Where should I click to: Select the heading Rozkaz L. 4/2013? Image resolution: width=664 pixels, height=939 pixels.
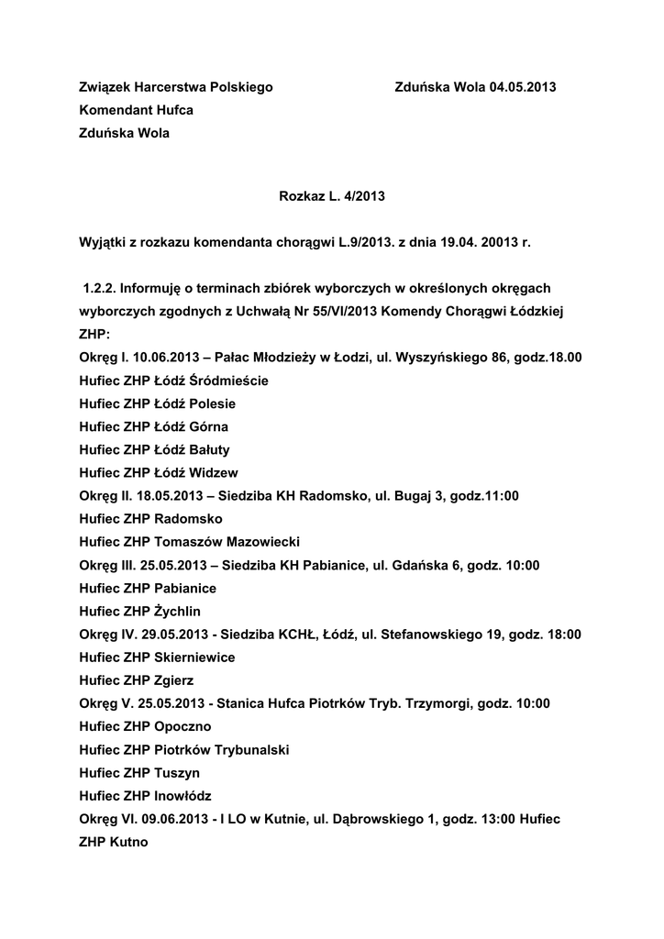coord(331,195)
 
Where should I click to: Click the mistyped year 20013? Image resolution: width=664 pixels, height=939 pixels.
coord(491,243)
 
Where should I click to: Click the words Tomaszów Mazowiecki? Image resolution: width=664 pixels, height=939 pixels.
coord(227,541)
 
